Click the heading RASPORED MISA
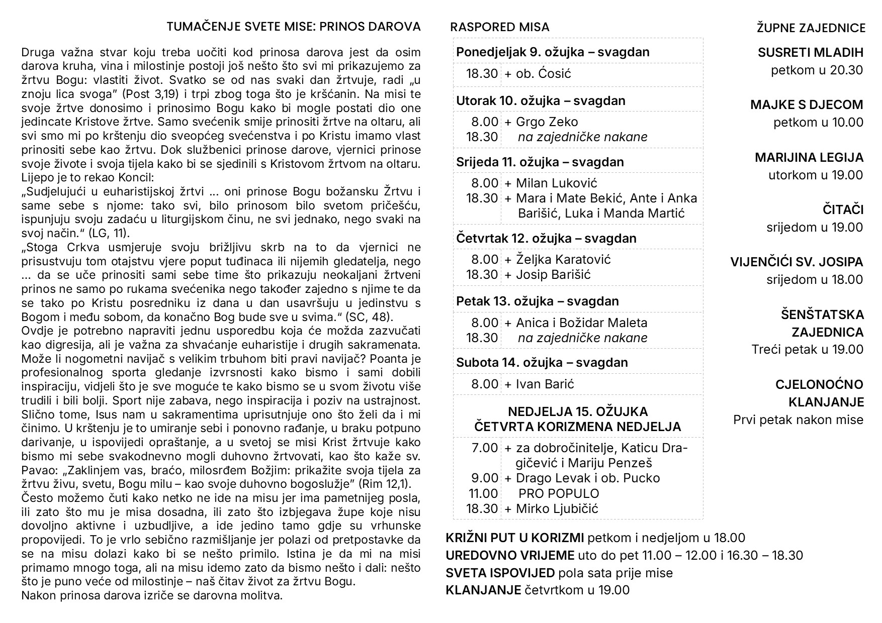tap(499, 27)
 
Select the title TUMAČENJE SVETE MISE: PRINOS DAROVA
tap(294, 27)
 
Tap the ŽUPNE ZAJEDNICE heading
tap(811, 28)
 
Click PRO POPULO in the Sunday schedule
tap(559, 493)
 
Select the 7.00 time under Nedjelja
tap(485, 448)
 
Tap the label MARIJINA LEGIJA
tap(809, 158)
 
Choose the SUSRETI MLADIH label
tap(810, 52)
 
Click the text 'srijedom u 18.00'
tap(815, 280)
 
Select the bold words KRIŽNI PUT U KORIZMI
tap(514, 538)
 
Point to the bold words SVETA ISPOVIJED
tap(500, 573)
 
